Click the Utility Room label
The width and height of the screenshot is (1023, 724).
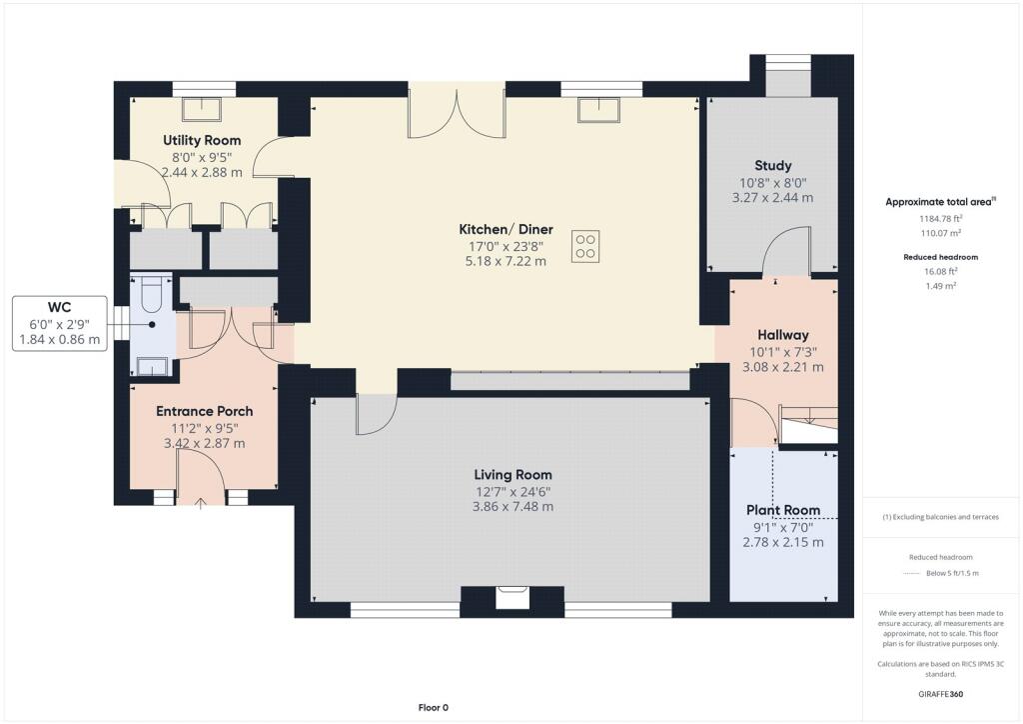tap(202, 140)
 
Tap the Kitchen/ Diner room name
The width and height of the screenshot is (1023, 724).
tap(506, 229)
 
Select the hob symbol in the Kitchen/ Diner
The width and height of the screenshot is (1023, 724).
tap(585, 247)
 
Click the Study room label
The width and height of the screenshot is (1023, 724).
tap(773, 166)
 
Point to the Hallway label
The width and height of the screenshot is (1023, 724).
tap(783, 335)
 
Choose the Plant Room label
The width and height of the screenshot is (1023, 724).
tap(783, 510)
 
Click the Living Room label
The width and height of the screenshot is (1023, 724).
tap(512, 475)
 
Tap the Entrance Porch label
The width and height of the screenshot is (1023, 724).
tap(204, 411)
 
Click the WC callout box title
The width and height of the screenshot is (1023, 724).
tap(59, 307)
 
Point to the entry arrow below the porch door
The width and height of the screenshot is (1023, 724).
tap(200, 503)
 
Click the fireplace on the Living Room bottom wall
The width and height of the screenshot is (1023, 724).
tap(512, 598)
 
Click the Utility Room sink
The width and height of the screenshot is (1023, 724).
tap(202, 109)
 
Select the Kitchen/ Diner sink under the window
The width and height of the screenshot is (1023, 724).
tap(599, 110)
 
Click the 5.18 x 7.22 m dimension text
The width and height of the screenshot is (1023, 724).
tap(506, 261)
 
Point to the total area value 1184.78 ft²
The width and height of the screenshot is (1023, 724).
tap(941, 219)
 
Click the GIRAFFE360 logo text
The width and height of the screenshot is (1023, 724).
tap(941, 694)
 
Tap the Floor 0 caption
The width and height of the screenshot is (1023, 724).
tap(434, 708)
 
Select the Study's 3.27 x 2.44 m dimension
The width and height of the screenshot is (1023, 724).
tap(772, 198)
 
